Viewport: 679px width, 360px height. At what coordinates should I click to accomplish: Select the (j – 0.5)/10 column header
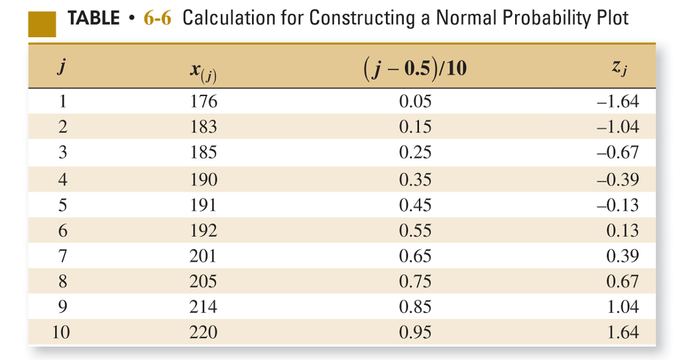(415, 68)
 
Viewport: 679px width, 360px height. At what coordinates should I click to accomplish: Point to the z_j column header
(617, 68)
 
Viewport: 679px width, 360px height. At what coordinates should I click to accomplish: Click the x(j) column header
(203, 70)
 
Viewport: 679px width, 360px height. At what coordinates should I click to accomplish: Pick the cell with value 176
(203, 101)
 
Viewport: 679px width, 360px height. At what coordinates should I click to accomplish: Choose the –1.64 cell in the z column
(618, 101)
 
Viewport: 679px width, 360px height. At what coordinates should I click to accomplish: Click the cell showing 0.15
(415, 127)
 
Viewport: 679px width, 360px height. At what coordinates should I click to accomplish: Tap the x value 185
(203, 152)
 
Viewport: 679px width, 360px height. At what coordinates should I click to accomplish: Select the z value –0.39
(618, 179)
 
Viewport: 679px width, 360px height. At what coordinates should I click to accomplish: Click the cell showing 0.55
(415, 231)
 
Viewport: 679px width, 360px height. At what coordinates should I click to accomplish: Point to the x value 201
(203, 256)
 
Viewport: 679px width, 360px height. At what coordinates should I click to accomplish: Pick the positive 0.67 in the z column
(623, 282)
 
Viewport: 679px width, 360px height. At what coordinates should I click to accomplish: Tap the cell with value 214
(203, 307)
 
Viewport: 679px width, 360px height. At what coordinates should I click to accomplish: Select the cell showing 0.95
(415, 333)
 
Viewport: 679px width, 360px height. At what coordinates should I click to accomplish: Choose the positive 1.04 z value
(623, 307)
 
